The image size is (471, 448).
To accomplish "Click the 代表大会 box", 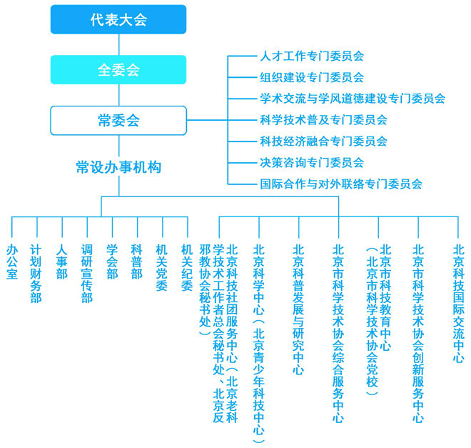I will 118,19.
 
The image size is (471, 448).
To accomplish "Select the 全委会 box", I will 118,70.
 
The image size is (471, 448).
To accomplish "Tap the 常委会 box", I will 118,120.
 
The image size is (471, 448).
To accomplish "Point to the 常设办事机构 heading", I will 118,167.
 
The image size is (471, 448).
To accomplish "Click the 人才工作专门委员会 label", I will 312,56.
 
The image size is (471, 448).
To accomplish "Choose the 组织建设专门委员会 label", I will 312,77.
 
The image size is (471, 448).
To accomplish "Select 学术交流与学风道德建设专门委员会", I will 353,99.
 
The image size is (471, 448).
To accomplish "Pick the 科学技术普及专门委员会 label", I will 323,120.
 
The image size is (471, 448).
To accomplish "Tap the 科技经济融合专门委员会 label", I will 323,141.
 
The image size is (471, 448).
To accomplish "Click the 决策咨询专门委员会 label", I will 312,163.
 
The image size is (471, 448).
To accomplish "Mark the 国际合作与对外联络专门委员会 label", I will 341,184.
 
